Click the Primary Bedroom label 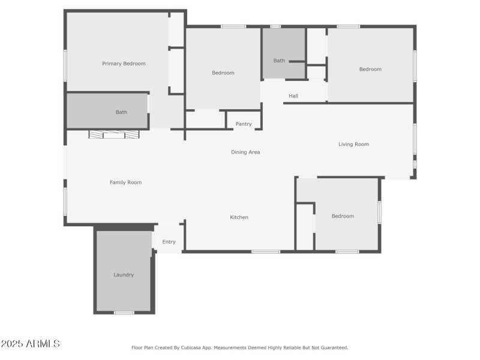124,64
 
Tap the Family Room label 125,182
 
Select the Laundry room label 124,275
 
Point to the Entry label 169,242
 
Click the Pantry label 244,124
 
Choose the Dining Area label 245,152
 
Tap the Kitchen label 239,217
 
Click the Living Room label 353,144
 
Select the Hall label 293,96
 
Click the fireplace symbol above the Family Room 114,134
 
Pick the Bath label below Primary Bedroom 121,112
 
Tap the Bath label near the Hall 279,61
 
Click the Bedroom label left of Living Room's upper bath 223,73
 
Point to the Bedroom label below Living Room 343,216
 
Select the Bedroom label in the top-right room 370,69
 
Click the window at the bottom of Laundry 124,313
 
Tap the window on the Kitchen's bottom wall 265,251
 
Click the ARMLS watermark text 30,344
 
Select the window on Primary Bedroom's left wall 65,65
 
